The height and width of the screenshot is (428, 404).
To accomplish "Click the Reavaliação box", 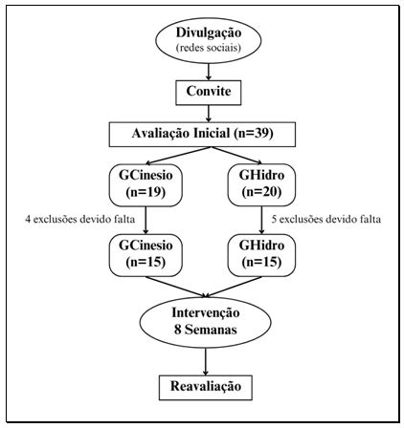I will pyautogui.click(x=208, y=387).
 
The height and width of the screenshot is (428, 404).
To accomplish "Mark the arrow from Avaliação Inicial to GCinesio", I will pyautogui.click(x=168, y=154).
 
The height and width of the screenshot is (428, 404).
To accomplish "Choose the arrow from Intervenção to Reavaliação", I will pyautogui.click(x=208, y=360).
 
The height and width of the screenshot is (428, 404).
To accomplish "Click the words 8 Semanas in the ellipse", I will pyautogui.click(x=208, y=331).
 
